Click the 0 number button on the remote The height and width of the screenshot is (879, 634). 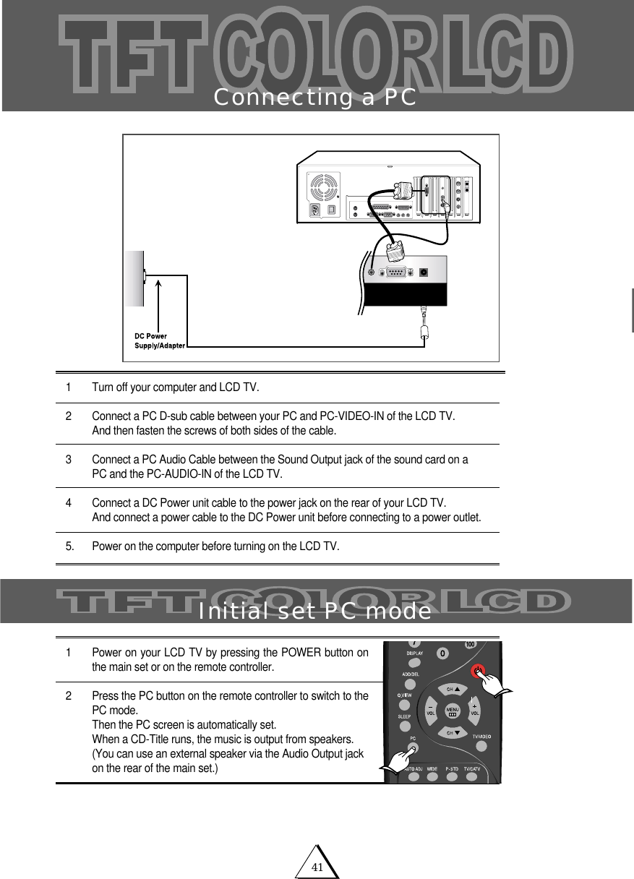point(442,653)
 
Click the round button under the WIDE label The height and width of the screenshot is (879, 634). point(431,778)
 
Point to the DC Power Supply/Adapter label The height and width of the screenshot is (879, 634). point(160,340)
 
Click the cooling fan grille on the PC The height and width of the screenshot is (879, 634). point(322,187)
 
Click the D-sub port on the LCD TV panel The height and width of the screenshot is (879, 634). point(395,273)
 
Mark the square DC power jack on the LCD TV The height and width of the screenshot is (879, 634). point(424,273)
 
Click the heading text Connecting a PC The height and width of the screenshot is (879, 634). point(315,98)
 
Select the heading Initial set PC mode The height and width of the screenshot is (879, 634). point(315,612)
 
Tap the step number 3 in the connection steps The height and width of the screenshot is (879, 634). point(69,460)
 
